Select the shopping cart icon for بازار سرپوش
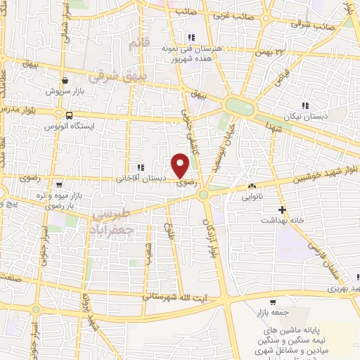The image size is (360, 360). [x=65, y=80]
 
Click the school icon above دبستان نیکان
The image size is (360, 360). [x=304, y=105]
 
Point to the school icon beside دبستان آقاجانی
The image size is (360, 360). [x=141, y=167]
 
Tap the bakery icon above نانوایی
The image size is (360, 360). [x=251, y=186]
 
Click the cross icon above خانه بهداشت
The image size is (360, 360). [x=283, y=210]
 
